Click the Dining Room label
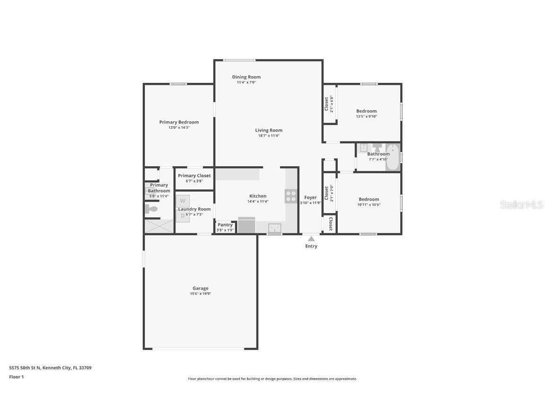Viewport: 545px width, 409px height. pos(246,77)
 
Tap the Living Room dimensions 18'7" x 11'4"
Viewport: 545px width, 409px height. pos(269,136)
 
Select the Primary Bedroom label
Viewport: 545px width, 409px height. pos(179,122)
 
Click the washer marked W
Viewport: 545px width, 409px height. pos(183,201)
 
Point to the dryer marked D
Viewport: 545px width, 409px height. pos(183,216)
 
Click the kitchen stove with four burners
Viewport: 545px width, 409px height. pos(290,196)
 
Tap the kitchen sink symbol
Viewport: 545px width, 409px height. pos(274,228)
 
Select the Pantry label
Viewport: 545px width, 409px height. pos(225,225)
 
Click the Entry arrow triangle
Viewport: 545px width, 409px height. pos(311,239)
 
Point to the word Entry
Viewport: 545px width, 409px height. pos(311,246)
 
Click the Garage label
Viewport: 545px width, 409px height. pos(200,288)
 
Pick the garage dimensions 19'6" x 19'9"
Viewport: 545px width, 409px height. pos(200,293)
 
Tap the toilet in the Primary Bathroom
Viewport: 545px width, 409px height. pos(151,209)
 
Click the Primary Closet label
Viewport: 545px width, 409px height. pos(194,176)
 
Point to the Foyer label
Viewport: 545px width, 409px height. pos(310,197)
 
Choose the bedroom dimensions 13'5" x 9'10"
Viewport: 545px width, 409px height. pos(367,116)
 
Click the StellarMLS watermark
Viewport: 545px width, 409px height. pos(522,205)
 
